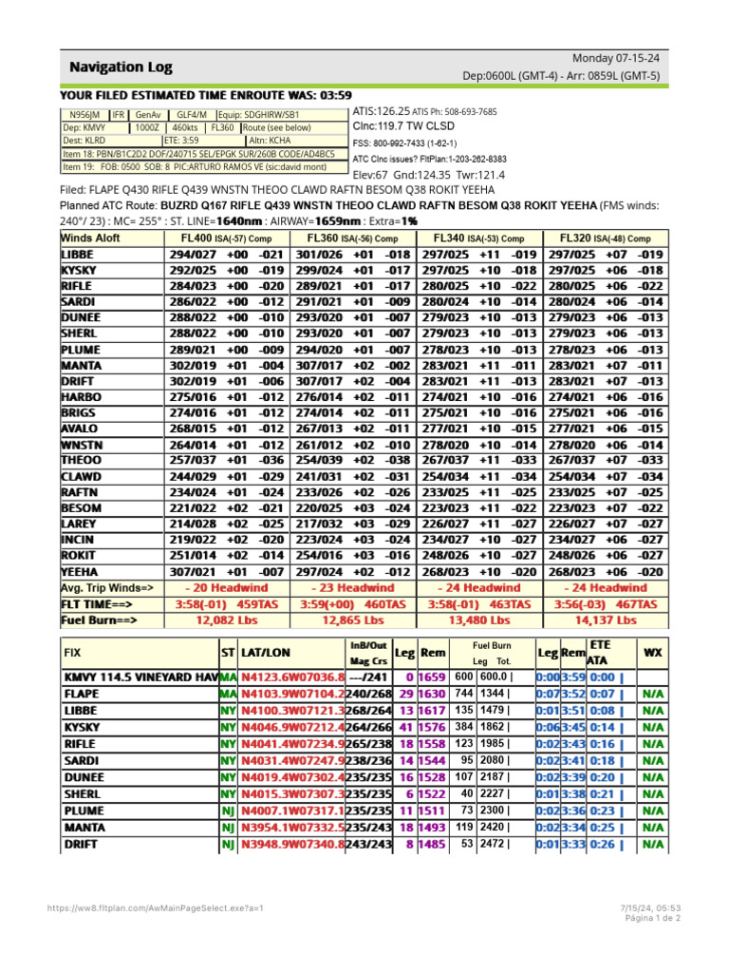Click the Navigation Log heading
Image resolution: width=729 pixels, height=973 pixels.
120,67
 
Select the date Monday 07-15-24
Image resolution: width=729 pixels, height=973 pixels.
616,58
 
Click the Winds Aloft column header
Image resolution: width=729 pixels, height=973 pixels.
91,238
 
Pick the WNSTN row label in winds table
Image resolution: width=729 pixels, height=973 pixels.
81,445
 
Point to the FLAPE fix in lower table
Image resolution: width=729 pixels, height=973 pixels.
83,694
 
